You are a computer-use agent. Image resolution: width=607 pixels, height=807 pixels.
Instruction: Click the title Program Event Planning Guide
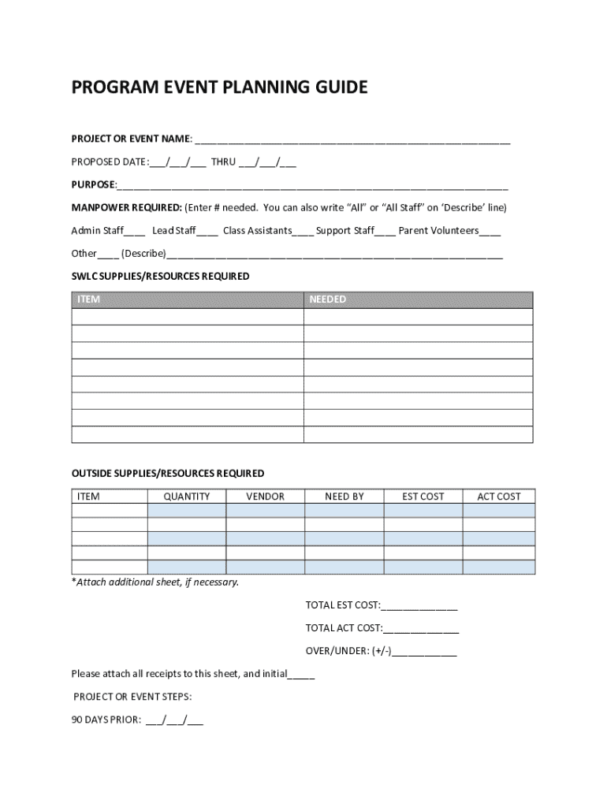click(x=219, y=87)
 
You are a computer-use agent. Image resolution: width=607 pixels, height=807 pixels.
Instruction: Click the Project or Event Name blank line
click(x=352, y=140)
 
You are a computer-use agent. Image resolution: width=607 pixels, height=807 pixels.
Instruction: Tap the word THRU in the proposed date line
click(x=223, y=162)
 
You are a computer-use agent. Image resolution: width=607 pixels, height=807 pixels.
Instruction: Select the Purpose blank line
click(x=312, y=186)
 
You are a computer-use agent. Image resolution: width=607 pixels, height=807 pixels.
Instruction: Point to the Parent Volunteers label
click(x=438, y=231)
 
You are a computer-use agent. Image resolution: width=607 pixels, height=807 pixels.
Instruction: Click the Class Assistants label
click(x=257, y=231)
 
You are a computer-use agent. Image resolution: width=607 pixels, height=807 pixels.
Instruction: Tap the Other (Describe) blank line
click(x=334, y=254)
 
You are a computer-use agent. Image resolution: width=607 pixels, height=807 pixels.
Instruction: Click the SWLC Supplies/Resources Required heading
click(x=160, y=277)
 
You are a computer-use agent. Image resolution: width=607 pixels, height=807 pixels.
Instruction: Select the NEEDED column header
click(x=327, y=299)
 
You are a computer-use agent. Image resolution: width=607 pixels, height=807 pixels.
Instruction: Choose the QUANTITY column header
click(x=187, y=496)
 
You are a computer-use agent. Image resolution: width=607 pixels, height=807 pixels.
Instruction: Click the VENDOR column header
click(x=265, y=496)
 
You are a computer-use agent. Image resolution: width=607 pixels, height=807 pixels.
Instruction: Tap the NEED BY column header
click(x=344, y=496)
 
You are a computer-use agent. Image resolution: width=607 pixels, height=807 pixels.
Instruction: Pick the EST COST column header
click(x=423, y=496)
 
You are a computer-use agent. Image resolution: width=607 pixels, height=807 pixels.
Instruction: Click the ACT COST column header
click(x=499, y=496)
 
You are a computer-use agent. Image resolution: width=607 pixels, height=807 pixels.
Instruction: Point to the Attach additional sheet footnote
click(x=155, y=582)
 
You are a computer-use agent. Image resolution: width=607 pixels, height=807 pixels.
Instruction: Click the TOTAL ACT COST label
click(x=344, y=628)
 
